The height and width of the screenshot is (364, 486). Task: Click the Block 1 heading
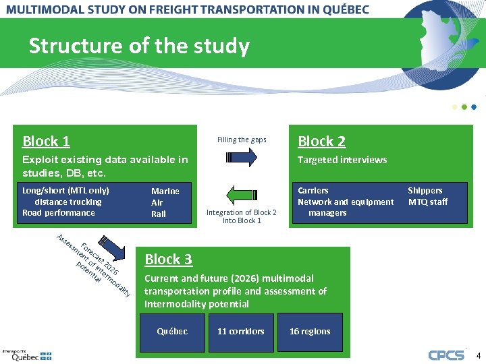(x=46, y=142)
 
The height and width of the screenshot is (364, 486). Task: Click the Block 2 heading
(x=322, y=142)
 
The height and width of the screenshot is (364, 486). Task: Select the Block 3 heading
(x=169, y=260)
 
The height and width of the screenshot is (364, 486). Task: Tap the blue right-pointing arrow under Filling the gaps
(x=241, y=158)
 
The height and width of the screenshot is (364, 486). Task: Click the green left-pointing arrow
(x=241, y=195)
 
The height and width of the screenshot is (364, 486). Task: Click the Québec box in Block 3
(x=172, y=332)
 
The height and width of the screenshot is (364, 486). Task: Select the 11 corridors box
(x=241, y=332)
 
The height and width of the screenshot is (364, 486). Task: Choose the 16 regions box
(x=310, y=332)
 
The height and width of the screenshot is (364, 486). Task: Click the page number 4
(x=478, y=355)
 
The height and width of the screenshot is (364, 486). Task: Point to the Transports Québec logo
(x=27, y=355)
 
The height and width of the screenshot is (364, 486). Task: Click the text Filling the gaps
(x=242, y=140)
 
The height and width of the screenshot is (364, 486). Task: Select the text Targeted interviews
(x=342, y=160)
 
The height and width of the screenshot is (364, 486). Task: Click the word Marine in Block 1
(x=165, y=191)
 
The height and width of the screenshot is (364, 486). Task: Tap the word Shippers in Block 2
(x=425, y=191)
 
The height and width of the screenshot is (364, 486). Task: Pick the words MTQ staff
(x=428, y=202)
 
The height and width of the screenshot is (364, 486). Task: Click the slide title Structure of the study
(x=139, y=47)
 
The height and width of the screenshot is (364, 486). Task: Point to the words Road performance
(x=59, y=213)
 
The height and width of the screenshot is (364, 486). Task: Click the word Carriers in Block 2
(x=313, y=191)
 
